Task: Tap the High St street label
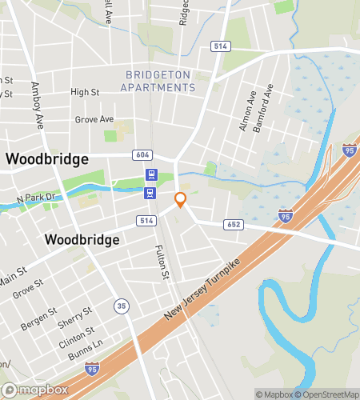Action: pos(84,93)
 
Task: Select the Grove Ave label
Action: pos(94,119)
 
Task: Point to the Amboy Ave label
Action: pos(37,105)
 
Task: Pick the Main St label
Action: pos(12,281)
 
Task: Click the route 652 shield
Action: pos(234,226)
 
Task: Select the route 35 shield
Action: pos(120,305)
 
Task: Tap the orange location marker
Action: pos(181,200)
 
